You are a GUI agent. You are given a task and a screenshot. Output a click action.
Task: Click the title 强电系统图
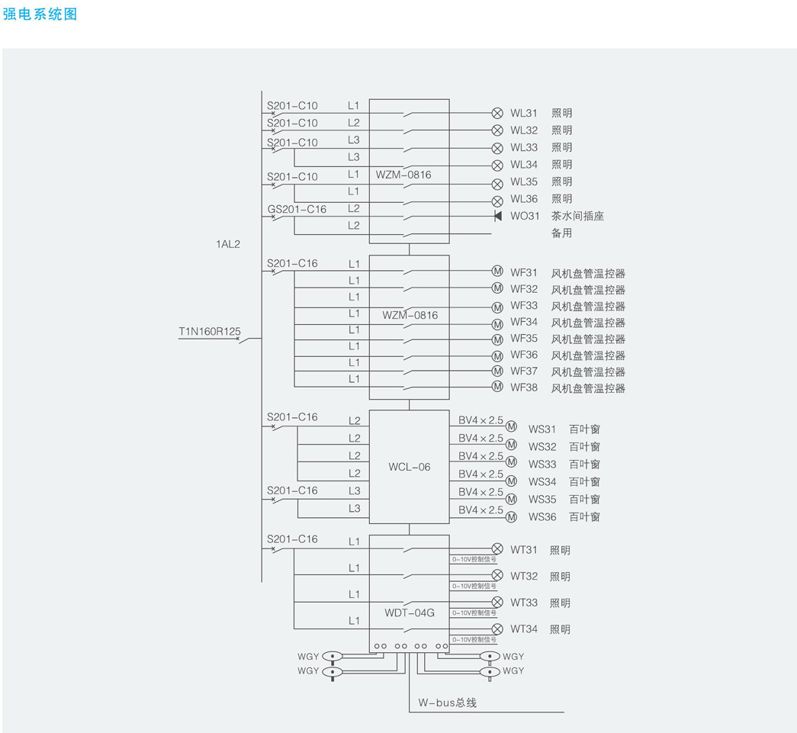pos(40,14)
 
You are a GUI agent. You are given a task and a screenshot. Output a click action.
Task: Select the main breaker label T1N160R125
pos(209,331)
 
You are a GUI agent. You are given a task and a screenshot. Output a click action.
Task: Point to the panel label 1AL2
pos(228,245)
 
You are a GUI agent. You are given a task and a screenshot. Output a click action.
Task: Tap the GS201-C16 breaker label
pos(297,209)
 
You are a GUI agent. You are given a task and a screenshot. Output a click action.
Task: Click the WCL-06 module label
pos(410,467)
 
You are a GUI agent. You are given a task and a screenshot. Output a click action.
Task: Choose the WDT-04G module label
pos(410,612)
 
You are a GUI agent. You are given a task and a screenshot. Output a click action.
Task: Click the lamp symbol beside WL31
pos(497,113)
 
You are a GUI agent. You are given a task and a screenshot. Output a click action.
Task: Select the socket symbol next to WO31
pos(497,216)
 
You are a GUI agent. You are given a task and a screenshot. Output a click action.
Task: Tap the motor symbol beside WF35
pos(497,339)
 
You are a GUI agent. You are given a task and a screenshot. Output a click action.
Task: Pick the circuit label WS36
pos(542,517)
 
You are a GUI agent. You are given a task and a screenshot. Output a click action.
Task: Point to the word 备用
pos(561,233)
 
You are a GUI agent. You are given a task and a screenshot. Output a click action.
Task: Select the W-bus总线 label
pos(447,702)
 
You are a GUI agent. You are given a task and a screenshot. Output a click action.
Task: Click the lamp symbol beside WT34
pos(497,629)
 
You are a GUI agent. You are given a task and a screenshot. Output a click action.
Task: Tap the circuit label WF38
pos(524,387)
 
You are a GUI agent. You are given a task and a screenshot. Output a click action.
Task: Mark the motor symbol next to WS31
pos(511,426)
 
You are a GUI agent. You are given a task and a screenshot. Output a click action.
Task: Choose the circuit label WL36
pos(524,199)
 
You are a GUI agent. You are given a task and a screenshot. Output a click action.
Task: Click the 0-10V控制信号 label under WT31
pos(474,560)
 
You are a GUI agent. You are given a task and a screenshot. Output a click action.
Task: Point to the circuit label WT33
pos(524,603)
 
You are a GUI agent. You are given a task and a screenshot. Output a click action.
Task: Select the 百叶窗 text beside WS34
pos(584,482)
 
